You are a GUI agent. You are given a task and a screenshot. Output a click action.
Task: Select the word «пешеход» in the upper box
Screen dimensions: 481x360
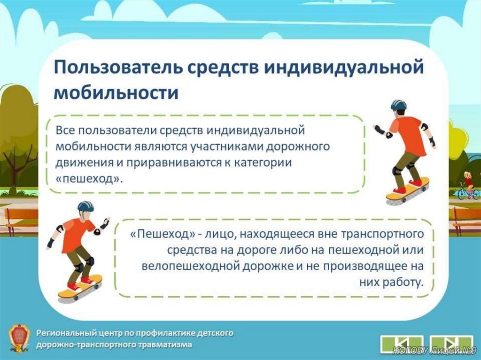tap(89, 178)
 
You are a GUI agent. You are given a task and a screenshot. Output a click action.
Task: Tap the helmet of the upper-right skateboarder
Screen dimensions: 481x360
tap(398, 105)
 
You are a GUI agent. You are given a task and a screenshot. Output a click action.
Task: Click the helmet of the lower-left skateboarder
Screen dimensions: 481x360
tap(85, 206)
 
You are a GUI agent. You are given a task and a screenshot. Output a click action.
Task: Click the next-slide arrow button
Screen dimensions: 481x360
tap(451, 343)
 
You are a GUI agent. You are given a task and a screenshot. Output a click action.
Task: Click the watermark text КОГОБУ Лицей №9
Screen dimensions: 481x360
tap(434, 350)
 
